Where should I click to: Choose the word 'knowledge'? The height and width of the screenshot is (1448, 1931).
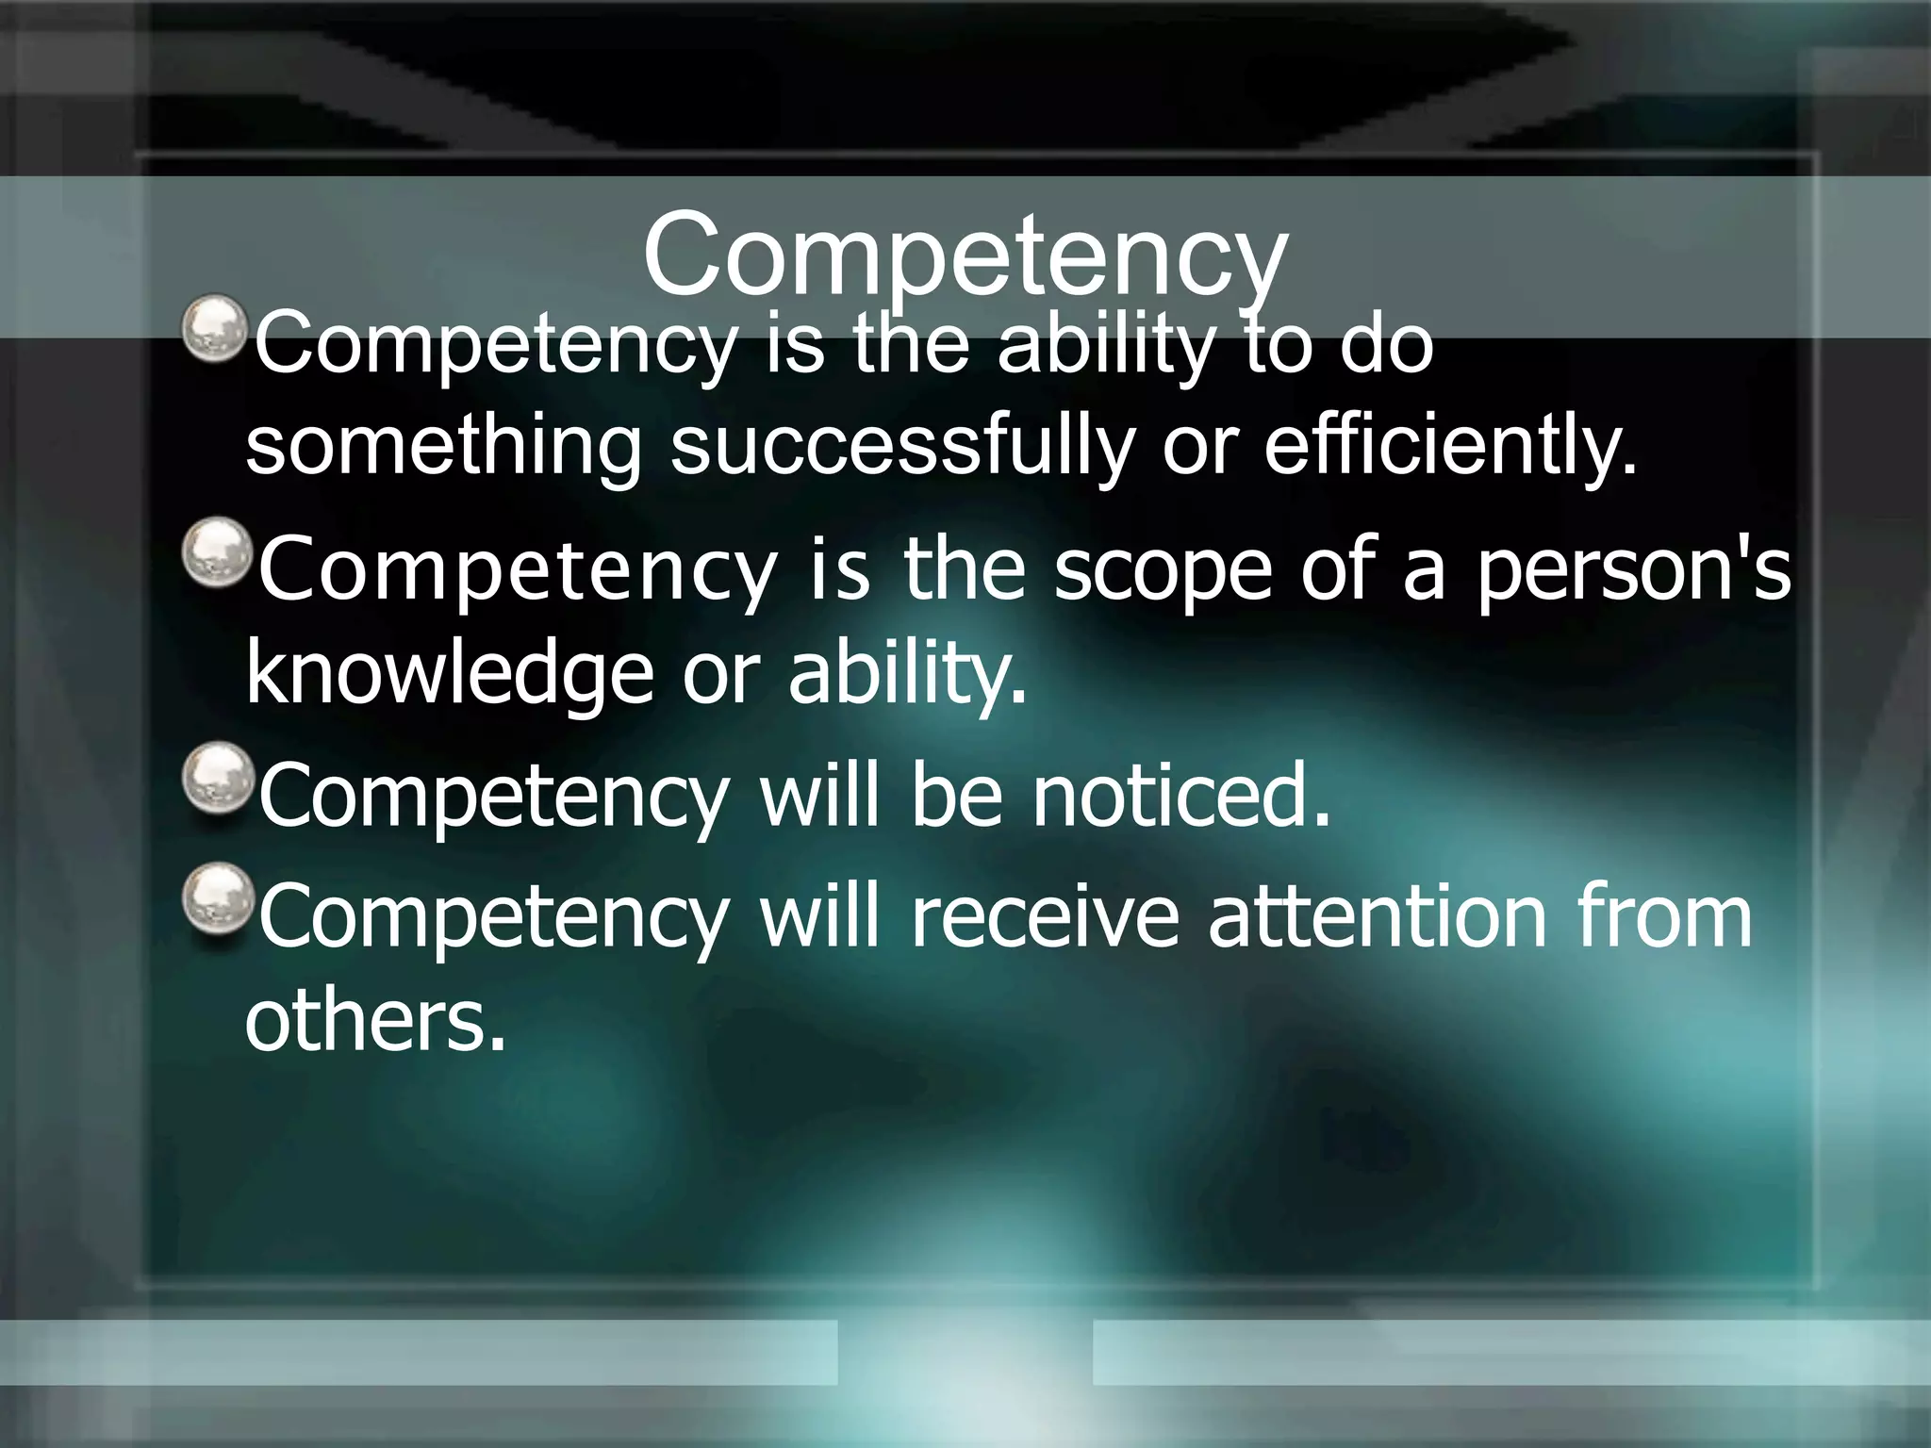click(x=449, y=675)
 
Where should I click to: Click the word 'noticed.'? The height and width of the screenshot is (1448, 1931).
click(x=1181, y=796)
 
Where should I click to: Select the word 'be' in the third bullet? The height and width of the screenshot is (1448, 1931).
click(x=956, y=796)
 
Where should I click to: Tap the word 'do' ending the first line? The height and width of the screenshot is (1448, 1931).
click(x=1386, y=344)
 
